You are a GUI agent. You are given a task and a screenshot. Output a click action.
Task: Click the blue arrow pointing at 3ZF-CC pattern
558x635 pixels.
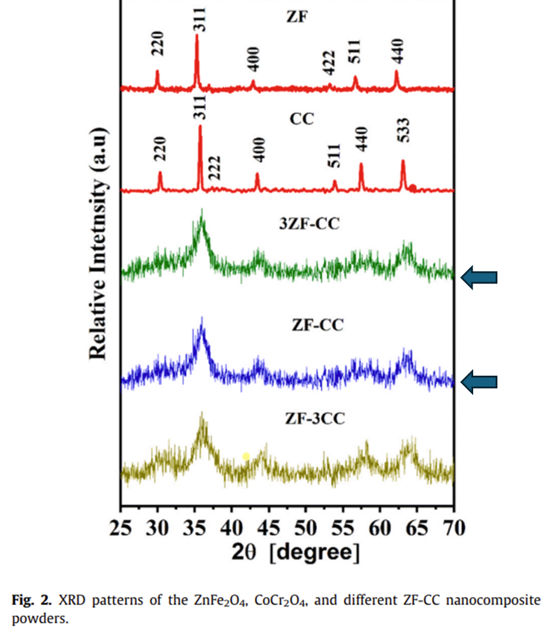[x=479, y=278]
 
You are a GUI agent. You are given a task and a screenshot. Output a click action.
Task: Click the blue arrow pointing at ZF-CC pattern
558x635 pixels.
[x=479, y=382]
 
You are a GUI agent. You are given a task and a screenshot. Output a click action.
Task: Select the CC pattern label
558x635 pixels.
[x=301, y=119]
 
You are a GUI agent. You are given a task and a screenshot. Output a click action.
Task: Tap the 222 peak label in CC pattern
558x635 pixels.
[x=216, y=167]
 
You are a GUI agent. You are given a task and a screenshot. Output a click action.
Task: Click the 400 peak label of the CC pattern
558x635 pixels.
[x=260, y=150]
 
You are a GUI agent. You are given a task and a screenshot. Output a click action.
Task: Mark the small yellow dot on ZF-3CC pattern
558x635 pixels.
[x=246, y=456]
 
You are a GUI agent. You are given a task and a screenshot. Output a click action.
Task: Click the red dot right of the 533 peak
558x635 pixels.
[x=413, y=188]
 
